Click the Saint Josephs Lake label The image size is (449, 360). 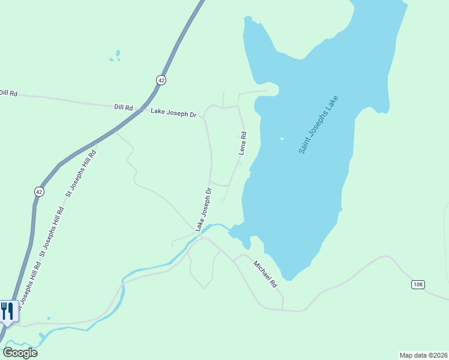point(319,124)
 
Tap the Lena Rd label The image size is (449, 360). point(243,143)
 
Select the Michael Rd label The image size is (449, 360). point(265,273)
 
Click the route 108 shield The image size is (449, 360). point(418,284)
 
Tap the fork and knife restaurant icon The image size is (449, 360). point(7,311)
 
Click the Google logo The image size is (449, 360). point(20,353)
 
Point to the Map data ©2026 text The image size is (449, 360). point(423,355)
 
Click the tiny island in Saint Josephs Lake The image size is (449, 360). point(282,139)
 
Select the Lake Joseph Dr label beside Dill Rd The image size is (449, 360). point(173,112)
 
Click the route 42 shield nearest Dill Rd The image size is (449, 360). point(161,80)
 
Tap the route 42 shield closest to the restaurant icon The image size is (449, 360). point(39,191)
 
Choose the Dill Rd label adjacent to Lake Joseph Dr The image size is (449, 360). point(123,107)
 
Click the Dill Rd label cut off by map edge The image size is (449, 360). point(8,93)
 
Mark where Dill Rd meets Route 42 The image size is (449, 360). point(140,109)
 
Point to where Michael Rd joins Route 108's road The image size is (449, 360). point(283,310)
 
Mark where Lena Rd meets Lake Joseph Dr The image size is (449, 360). point(239,107)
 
